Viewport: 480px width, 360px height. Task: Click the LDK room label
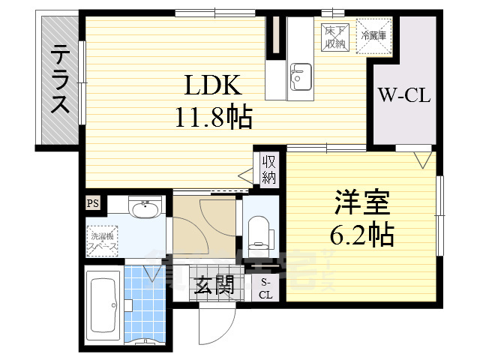(214, 88)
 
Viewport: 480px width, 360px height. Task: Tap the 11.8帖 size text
(214, 117)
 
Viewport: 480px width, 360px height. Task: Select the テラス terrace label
(60, 80)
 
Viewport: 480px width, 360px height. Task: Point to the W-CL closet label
(403, 96)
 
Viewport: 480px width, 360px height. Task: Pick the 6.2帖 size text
(362, 235)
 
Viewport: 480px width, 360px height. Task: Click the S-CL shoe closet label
(266, 288)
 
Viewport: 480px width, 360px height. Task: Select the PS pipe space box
(92, 203)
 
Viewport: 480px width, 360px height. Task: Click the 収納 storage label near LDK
(269, 169)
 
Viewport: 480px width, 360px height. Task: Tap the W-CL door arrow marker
(422, 159)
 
